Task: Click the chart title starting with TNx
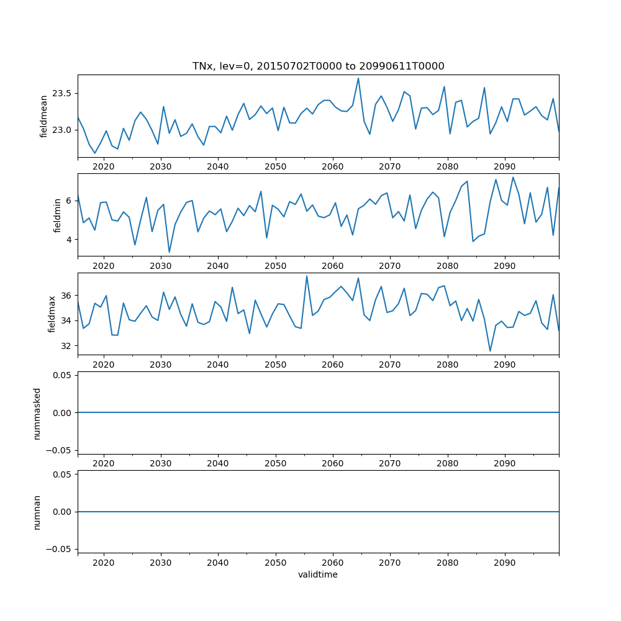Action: point(318,66)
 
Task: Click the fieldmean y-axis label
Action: point(43,117)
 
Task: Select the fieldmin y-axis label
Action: point(58,215)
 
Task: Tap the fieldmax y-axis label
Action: point(52,314)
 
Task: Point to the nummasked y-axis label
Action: point(37,413)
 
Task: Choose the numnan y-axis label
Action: point(37,512)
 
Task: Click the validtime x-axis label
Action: point(318,575)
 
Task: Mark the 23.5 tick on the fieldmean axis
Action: point(61,93)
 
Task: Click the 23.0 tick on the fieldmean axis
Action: point(61,130)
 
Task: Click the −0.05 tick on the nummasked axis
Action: point(60,450)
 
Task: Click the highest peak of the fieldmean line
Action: point(358,78)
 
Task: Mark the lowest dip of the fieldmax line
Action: point(490,351)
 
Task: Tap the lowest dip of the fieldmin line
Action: point(169,252)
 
